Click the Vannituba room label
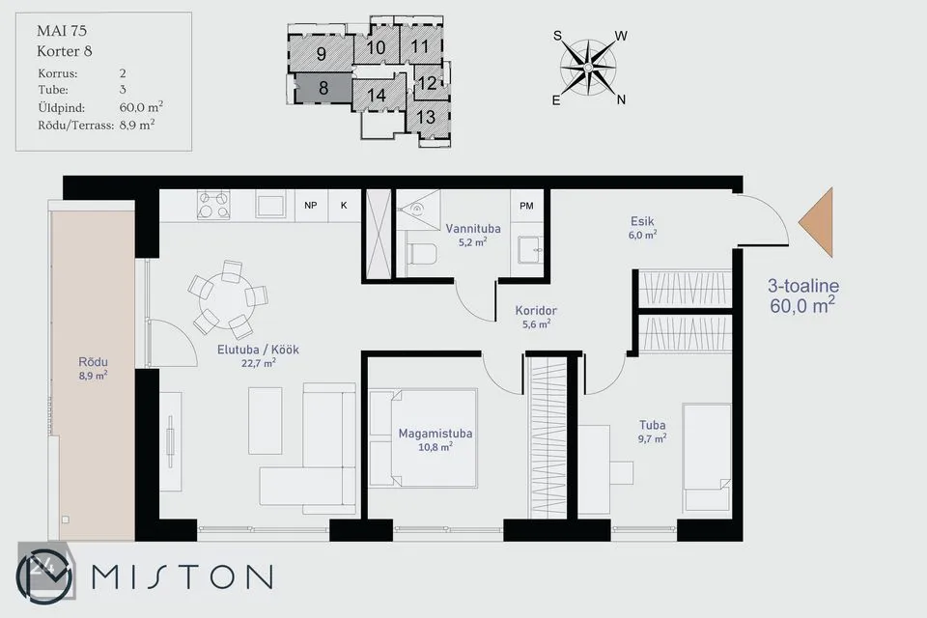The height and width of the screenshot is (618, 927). tap(473, 228)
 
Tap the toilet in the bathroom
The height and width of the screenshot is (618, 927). tap(421, 254)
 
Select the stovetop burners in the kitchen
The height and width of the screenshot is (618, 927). tap(212, 205)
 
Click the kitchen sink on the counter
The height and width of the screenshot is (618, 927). tap(270, 205)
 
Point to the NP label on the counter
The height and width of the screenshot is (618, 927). tap(310, 206)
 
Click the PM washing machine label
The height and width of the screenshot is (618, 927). tap(526, 206)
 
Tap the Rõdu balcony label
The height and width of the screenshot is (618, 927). tap(93, 361)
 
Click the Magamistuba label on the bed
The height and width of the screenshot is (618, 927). tap(435, 433)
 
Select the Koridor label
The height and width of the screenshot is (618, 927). tap(536, 310)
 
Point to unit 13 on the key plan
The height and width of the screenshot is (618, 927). tap(426, 117)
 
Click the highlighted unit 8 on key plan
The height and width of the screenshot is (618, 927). tap(323, 88)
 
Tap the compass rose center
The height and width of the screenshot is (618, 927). tap(588, 68)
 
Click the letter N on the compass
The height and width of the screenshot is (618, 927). tap(621, 100)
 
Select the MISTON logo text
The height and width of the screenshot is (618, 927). tap(183, 576)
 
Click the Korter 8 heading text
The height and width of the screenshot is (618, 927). tap(65, 51)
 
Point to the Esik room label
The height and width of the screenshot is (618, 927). tap(642, 221)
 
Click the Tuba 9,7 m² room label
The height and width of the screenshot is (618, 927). tap(652, 431)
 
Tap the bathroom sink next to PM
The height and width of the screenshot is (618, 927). tap(529, 249)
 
